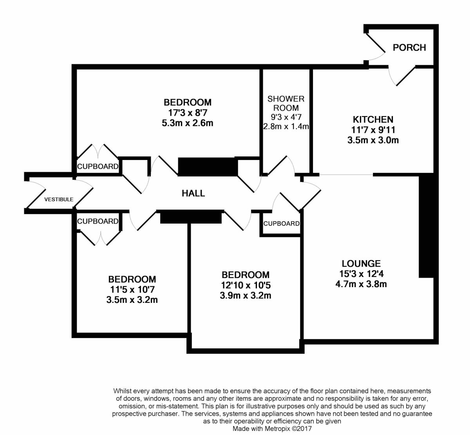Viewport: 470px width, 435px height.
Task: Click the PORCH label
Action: pyautogui.click(x=409, y=47)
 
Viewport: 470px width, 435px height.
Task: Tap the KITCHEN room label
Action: pyautogui.click(x=373, y=119)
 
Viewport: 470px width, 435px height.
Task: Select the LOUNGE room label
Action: pyautogui.click(x=361, y=264)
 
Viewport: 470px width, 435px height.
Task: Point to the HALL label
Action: pyautogui.click(x=193, y=193)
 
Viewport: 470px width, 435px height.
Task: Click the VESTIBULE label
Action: pyautogui.click(x=59, y=199)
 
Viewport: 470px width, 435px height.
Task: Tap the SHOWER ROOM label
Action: pyautogui.click(x=286, y=103)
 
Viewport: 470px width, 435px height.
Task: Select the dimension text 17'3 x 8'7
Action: pyautogui.click(x=188, y=113)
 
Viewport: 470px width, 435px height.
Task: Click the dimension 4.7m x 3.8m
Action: pyautogui.click(x=361, y=284)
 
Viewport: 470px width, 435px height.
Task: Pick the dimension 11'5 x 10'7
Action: pyautogui.click(x=132, y=290)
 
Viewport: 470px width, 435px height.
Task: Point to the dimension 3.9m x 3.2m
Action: pyautogui.click(x=246, y=295)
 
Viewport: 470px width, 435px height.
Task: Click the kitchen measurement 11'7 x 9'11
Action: pyautogui.click(x=373, y=129)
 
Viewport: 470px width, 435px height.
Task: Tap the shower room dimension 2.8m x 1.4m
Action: pyautogui.click(x=286, y=126)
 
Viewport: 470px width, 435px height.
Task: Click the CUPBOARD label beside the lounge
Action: pyautogui.click(x=281, y=224)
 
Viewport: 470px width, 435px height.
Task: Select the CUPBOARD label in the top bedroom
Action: pyautogui.click(x=98, y=166)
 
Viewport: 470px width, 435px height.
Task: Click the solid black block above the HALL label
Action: pyautogui.click(x=208, y=166)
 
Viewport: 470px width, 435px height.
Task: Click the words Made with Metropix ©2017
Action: pyautogui.click(x=273, y=429)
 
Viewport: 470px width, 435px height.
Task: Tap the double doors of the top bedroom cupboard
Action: pyautogui.click(x=98, y=152)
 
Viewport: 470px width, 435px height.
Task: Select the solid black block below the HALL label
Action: pyautogui.click(x=191, y=217)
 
